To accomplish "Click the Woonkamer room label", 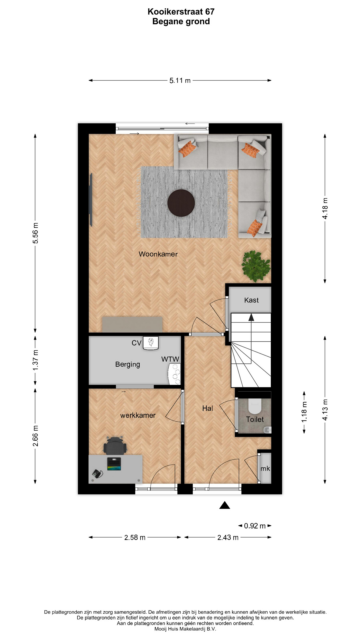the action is [x=158, y=254].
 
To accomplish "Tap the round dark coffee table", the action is [x=181, y=203].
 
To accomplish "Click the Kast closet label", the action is [x=251, y=300].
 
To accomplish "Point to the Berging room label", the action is [x=128, y=364].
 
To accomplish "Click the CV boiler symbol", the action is [x=151, y=343].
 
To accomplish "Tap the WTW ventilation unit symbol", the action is [x=175, y=374].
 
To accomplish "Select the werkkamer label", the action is [x=138, y=415].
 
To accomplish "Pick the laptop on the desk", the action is [x=114, y=464].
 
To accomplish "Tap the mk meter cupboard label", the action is [x=265, y=469].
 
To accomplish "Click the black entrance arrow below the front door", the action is [x=225, y=505].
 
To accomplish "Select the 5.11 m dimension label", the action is [x=180, y=80].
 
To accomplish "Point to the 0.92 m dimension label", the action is [x=255, y=526].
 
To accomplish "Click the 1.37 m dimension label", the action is [x=36, y=360].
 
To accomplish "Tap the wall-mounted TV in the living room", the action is [x=90, y=200].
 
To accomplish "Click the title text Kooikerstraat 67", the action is [x=181, y=12].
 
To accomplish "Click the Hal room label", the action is [x=207, y=408].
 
